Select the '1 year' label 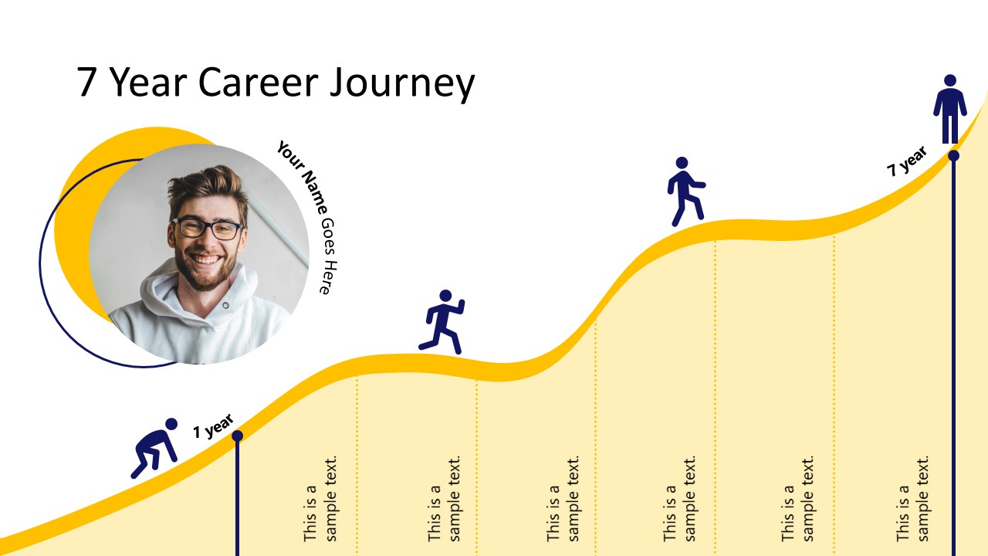(212, 426)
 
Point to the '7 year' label (906, 161)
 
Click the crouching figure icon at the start (154, 448)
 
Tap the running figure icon (442, 322)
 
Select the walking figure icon (684, 192)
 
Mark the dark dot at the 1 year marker (237, 436)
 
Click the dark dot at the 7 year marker (953, 155)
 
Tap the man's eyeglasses (208, 228)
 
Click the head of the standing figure (950, 80)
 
